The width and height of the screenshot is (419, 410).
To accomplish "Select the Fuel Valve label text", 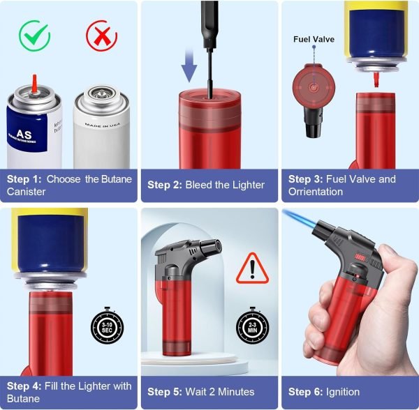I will click(x=314, y=40).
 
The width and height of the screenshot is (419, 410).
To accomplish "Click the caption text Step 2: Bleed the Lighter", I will click(x=206, y=185).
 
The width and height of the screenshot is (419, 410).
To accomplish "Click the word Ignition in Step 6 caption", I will click(x=341, y=392).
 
